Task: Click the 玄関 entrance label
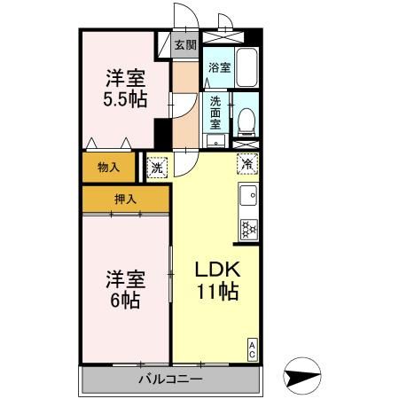(184, 44)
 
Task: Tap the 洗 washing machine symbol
(157, 165)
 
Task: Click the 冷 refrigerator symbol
(248, 163)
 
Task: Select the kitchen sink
(248, 195)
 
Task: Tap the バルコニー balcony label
(170, 379)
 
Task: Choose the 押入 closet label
(125, 199)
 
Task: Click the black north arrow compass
(307, 377)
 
